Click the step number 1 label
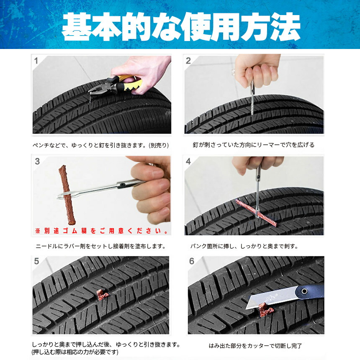[x=36, y=61]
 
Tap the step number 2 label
[x=188, y=61]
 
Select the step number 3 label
[x=37, y=161]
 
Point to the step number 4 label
[x=188, y=161]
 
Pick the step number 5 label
[x=37, y=261]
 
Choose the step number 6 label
[x=192, y=261]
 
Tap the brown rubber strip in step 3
[x=67, y=195]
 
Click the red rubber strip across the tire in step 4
[x=256, y=213]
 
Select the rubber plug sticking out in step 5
[x=102, y=295]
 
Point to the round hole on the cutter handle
[x=304, y=291]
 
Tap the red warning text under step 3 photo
[x=102, y=231]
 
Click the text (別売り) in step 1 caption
[x=159, y=145]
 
